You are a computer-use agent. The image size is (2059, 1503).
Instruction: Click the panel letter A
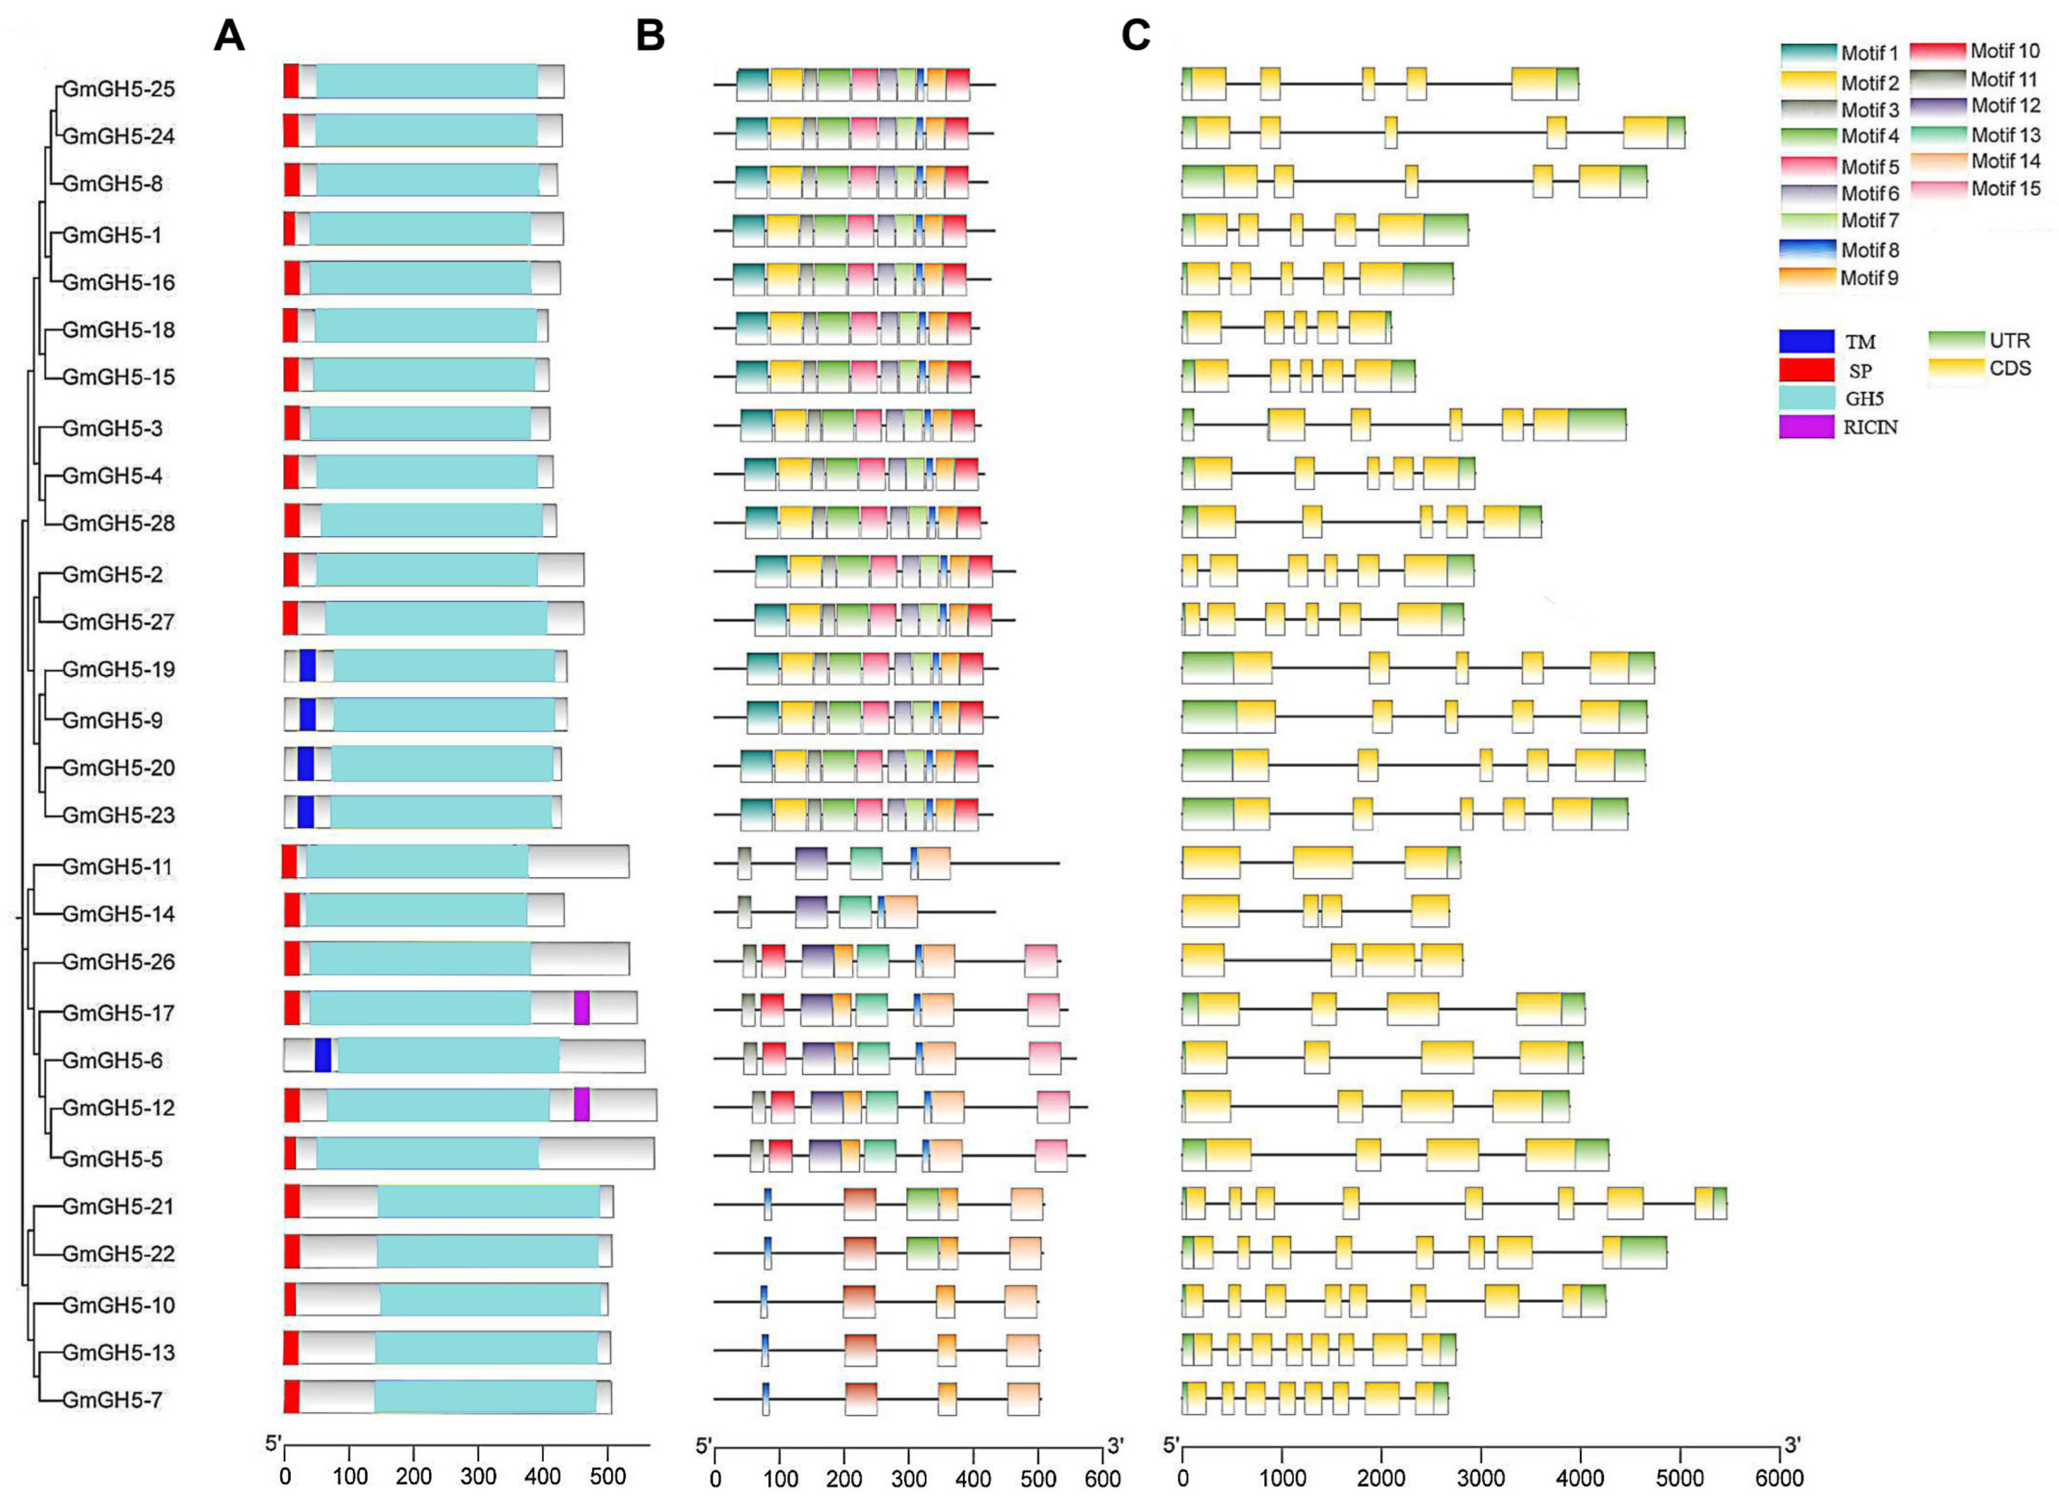[229, 37]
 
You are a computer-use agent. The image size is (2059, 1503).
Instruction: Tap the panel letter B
[650, 37]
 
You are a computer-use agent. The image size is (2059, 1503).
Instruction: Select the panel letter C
[1135, 37]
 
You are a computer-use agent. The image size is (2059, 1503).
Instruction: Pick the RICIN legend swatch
[1806, 427]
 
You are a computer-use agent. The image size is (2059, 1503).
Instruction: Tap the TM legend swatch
[1806, 341]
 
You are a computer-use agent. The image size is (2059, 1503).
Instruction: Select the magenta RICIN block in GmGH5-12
[582, 1105]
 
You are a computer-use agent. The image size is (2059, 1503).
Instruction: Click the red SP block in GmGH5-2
[291, 569]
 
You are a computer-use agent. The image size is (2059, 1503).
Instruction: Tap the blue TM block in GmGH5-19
[307, 666]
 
